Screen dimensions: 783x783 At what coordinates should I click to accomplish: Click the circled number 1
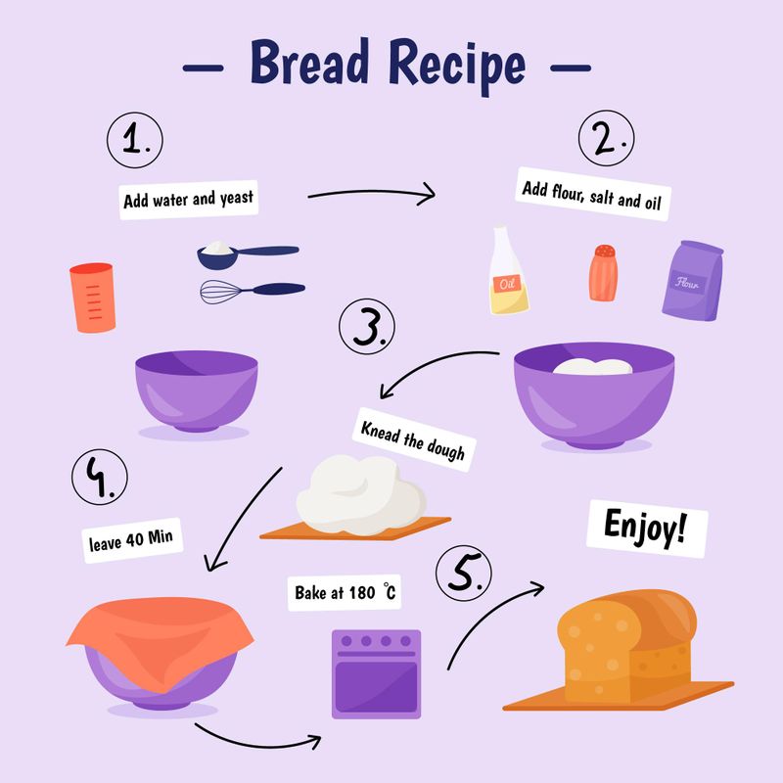pyautogui.click(x=136, y=141)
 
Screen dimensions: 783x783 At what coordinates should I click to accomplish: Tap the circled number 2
pyautogui.click(x=606, y=141)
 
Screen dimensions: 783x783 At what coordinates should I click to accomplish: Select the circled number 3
pyautogui.click(x=367, y=329)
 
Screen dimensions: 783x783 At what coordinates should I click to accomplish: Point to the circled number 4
pyautogui.click(x=100, y=479)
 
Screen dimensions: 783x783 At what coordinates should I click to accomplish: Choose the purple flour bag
pyautogui.click(x=694, y=280)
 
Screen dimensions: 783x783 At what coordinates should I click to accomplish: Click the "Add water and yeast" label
pyautogui.click(x=188, y=199)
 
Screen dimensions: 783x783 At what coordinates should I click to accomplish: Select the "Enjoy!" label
pyautogui.click(x=644, y=528)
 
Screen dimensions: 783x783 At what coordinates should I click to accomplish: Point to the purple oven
pyautogui.click(x=376, y=673)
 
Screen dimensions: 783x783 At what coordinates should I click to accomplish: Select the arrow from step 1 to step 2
pyautogui.click(x=372, y=194)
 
